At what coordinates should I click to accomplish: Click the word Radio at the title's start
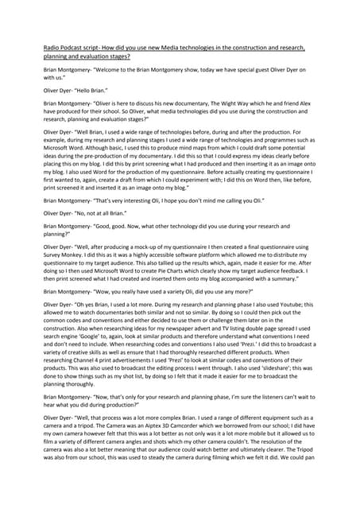[52, 48]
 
